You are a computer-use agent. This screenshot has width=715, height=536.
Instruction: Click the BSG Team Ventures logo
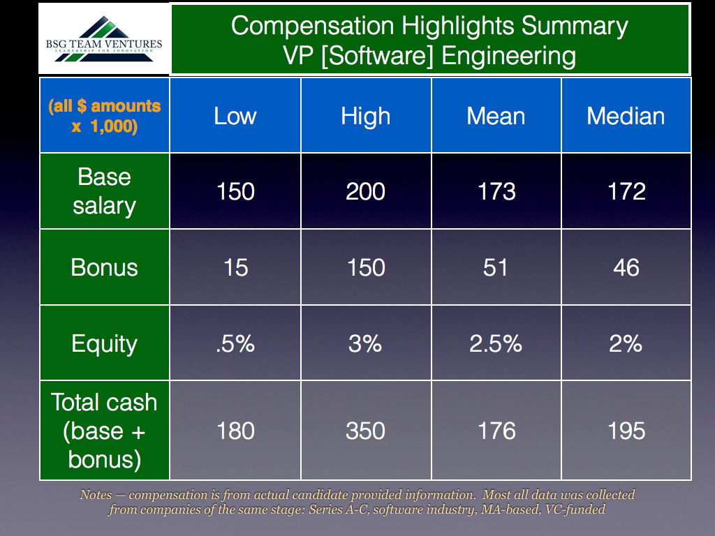point(104,39)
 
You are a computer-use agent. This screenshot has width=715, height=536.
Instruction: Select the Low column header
point(235,116)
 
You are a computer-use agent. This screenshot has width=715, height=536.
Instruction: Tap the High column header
point(366,117)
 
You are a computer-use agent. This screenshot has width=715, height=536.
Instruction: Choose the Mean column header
point(496,116)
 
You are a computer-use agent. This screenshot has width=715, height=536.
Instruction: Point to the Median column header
point(626,116)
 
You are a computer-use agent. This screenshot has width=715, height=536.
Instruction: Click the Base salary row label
point(105,191)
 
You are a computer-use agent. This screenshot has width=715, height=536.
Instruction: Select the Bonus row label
point(105,267)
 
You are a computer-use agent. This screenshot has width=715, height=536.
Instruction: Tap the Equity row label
point(105,343)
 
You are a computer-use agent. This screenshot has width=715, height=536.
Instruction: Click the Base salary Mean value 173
point(496,191)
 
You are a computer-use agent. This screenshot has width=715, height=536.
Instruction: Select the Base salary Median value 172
point(626,191)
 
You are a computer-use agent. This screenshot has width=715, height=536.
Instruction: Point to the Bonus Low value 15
point(236,267)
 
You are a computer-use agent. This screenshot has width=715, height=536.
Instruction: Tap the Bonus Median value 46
point(626,267)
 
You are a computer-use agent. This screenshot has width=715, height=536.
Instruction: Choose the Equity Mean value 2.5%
point(496,343)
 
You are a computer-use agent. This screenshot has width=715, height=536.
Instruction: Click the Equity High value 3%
point(365,343)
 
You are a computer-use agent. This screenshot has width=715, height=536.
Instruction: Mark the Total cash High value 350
point(365,431)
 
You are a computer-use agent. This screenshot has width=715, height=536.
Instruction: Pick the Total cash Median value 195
point(626,431)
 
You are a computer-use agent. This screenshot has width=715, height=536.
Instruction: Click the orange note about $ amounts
point(105,116)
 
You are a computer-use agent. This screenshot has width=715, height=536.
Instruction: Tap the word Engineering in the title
point(508,56)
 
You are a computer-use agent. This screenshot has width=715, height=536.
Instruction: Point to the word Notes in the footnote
point(96,495)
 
